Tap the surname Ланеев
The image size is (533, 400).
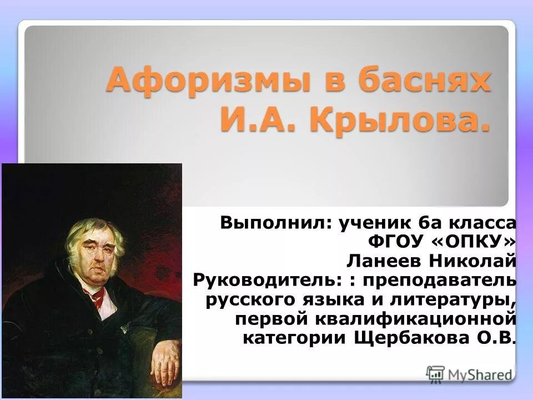(379, 261)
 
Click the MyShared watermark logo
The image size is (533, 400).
(469, 373)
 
